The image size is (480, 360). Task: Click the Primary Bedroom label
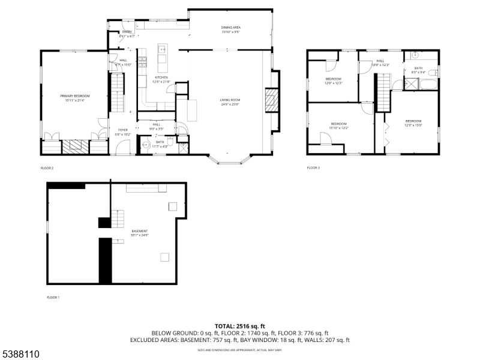point(74,98)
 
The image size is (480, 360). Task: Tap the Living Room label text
point(229,102)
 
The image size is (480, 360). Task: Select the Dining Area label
point(232,30)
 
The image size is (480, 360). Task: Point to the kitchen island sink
point(162,49)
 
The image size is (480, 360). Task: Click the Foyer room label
point(122,132)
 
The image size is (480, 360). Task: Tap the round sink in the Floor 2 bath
point(145,145)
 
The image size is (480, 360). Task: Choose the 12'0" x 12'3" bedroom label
point(333,81)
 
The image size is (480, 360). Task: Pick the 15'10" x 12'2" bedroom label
point(339,125)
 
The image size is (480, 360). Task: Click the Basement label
point(140,233)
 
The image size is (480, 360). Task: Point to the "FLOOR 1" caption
point(53,297)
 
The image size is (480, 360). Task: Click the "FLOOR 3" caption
point(313,167)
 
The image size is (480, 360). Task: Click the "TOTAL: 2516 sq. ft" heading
point(239,326)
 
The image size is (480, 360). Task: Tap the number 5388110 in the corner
point(20,355)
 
